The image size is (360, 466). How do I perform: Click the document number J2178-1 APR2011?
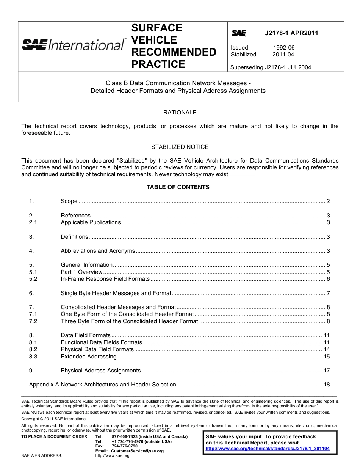(x=291, y=33)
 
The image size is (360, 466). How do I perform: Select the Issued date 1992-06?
(x=283, y=48)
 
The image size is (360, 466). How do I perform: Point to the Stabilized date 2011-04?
(x=283, y=55)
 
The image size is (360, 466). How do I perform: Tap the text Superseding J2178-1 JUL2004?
(x=271, y=68)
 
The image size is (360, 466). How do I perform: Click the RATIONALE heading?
(x=180, y=113)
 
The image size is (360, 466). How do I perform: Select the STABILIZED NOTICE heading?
(x=180, y=147)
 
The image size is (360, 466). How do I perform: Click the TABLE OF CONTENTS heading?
(x=178, y=187)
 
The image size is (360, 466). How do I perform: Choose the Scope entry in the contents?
(x=69, y=201)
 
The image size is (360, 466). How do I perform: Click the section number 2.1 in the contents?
(x=33, y=222)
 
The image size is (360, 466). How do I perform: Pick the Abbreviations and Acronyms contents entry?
(x=98, y=251)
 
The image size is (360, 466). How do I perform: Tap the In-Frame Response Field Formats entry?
(x=105, y=279)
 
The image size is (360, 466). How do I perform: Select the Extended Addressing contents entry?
(x=89, y=357)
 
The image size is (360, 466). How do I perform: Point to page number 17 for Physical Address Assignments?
(x=326, y=371)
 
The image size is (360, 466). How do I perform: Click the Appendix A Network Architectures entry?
(x=103, y=385)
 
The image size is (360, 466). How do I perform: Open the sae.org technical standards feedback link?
(x=267, y=449)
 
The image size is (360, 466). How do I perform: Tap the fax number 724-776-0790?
(x=125, y=446)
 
